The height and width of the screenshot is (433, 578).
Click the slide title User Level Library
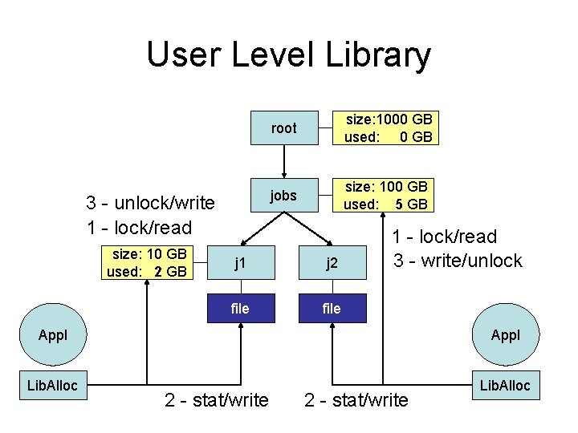pos(288,56)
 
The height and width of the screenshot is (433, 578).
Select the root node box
pos(283,128)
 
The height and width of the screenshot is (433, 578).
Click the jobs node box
pos(283,195)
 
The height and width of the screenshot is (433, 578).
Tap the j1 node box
pos(239,262)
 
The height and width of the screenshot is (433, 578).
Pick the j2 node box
pos(332,262)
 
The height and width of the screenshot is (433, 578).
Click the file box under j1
pos(239,308)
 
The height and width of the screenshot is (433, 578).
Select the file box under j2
pos(332,308)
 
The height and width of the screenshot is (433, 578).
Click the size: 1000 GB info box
pos(388,128)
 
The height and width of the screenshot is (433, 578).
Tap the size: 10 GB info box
pos(147,262)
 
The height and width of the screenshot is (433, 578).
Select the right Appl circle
pos(505,334)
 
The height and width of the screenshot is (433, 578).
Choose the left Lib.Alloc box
pos(52,386)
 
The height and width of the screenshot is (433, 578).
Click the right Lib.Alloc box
pos(503,386)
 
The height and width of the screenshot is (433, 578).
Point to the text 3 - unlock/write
pos(150,202)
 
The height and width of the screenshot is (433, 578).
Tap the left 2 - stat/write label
pos(217,399)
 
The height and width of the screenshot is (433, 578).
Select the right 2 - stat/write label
pos(356,399)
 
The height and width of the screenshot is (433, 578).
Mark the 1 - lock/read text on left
pos(139,227)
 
